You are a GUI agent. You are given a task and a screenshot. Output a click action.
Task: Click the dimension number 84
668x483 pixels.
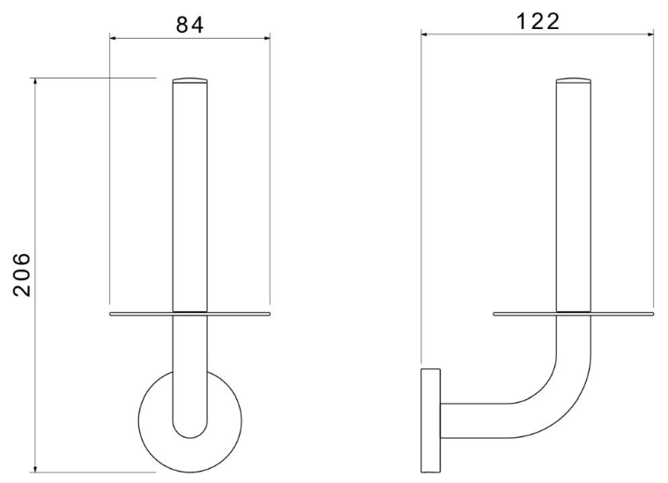190,25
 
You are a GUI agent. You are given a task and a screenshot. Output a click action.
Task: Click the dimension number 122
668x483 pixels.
538,21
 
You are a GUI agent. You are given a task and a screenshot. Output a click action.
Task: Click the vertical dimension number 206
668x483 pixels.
22,275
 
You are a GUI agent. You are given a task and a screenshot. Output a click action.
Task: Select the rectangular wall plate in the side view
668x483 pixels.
430,420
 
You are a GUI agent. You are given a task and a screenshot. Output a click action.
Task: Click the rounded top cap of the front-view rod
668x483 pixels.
190,80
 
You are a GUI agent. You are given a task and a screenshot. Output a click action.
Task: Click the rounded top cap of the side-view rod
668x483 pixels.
574,80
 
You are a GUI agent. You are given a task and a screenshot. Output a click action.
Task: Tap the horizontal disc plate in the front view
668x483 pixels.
190,315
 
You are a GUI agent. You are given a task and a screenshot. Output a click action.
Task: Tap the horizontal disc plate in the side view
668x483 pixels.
574,315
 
